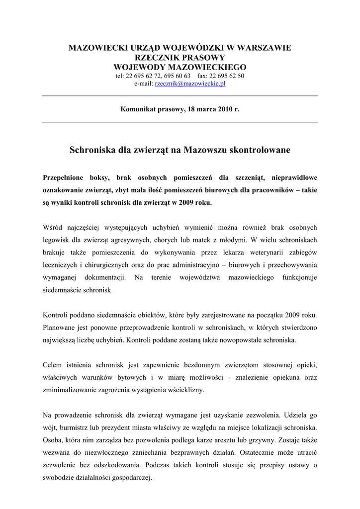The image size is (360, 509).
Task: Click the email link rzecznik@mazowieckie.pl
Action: (190, 84)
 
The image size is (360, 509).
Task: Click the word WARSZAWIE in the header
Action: (262, 48)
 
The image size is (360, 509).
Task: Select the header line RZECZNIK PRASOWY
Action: (180, 58)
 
